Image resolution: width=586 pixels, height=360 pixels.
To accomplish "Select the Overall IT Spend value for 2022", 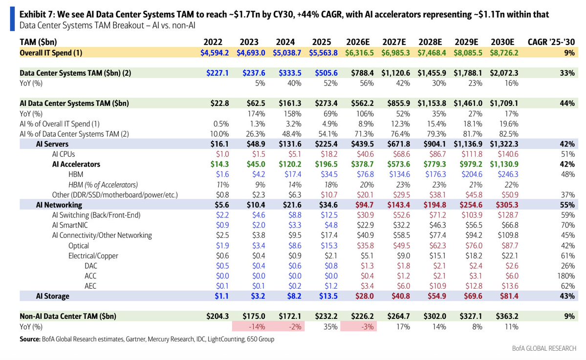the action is coord(215,53).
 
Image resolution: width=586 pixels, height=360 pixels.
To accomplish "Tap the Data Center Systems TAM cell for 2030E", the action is coord(504,73).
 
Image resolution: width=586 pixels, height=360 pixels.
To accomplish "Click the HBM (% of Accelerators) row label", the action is coord(103,185).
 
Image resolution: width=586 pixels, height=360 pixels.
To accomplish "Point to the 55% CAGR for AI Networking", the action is coord(567,205).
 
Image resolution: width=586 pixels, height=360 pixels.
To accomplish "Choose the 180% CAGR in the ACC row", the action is coord(566,275).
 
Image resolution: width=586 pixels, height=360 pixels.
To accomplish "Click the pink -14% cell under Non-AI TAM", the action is coord(257,326).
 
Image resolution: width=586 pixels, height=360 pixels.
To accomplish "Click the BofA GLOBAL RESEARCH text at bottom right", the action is coord(544,348).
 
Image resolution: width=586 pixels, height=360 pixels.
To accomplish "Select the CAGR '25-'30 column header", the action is coord(551,42).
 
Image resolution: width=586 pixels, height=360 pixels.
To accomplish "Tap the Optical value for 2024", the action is coord(295,245).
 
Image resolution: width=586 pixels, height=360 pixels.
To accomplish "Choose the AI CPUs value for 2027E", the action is coord(401,154).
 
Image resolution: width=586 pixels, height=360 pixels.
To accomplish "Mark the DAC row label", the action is coord(91,266).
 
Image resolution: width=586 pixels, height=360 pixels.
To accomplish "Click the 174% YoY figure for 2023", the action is coord(257,113).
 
